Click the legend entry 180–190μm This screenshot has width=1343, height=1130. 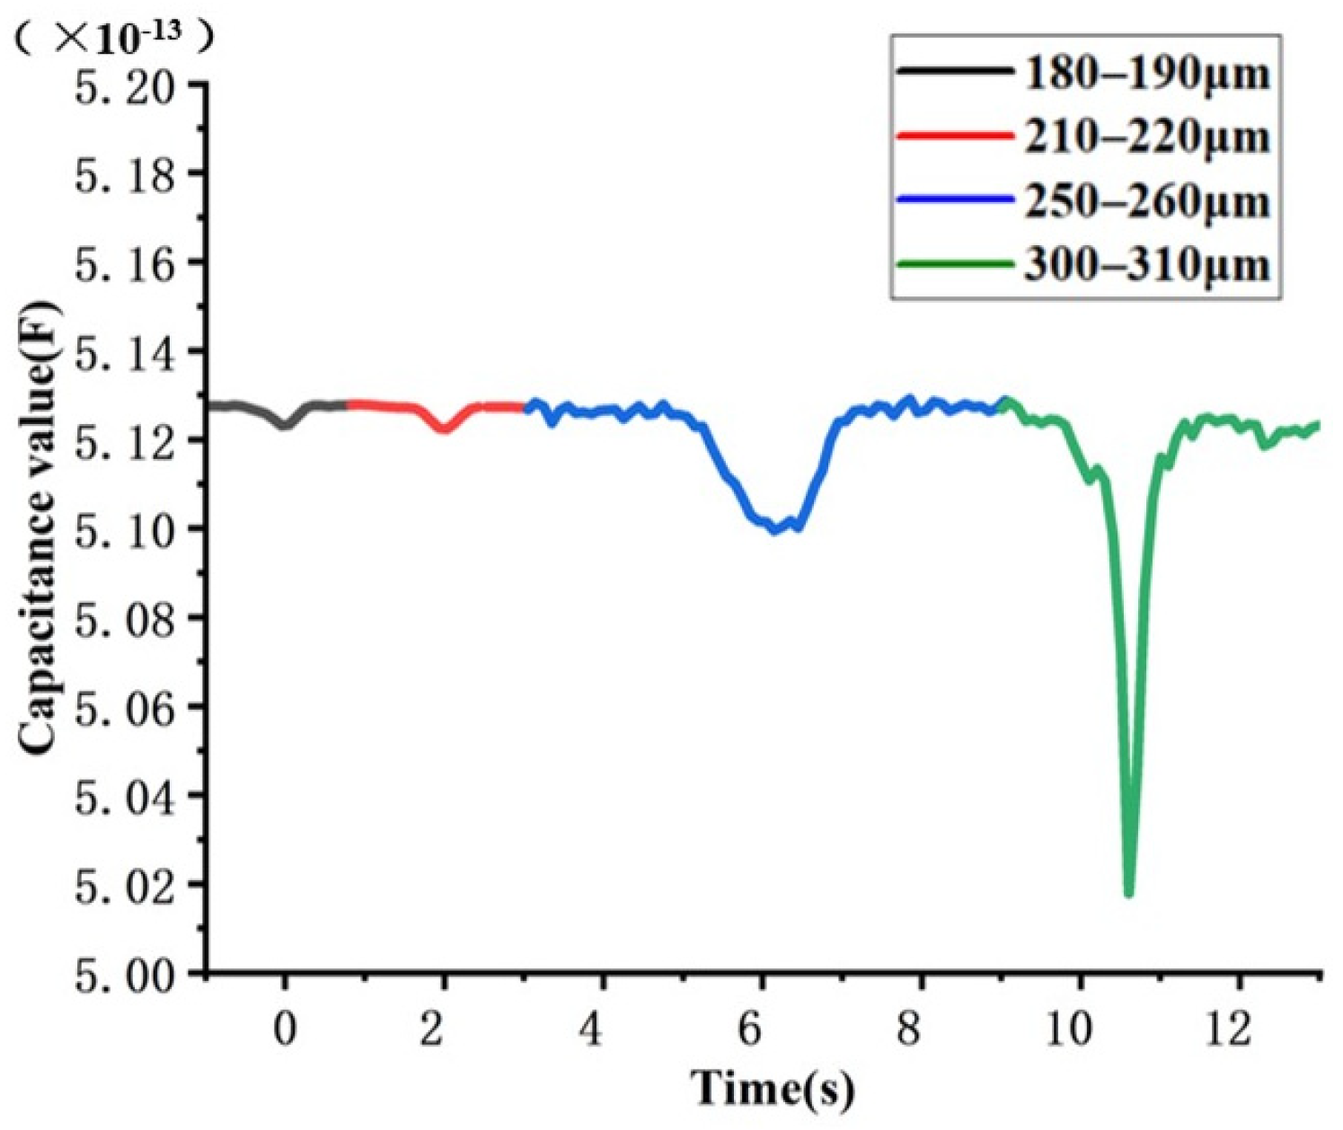(x=1147, y=72)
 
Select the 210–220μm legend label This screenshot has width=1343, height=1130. (x=1147, y=137)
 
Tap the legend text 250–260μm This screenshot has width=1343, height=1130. (x=1147, y=201)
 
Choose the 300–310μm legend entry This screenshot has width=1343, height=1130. (x=1147, y=265)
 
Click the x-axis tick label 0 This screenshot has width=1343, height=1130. (x=285, y=1028)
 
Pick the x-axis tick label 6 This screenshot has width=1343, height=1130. (x=750, y=1028)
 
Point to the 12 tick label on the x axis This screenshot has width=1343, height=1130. (x=1227, y=1028)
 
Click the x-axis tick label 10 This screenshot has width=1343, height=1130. (x=1068, y=1028)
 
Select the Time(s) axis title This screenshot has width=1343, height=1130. (x=772, y=1088)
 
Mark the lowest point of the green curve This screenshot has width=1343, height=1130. (x=1129, y=893)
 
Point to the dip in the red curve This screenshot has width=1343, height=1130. (x=443, y=429)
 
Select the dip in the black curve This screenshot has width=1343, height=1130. (x=284, y=425)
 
